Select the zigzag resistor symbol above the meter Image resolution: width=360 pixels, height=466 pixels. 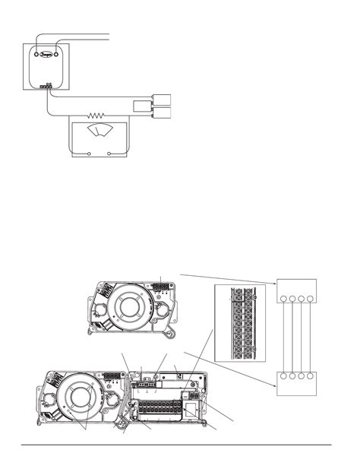[x=96, y=116]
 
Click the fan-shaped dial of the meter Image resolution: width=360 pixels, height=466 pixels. [x=97, y=135]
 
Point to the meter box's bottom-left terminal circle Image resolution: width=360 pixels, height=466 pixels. [x=90, y=154]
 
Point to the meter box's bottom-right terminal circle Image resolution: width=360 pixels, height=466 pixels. [x=111, y=154]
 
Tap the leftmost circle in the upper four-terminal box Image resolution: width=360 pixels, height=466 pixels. [x=282, y=300]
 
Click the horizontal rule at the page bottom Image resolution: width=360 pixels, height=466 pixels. [x=180, y=444]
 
